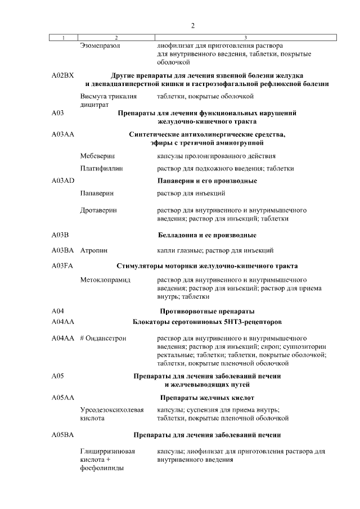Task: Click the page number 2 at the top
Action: [192, 26]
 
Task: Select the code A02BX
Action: [62, 75]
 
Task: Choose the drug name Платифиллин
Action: [101, 168]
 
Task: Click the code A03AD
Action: [62, 181]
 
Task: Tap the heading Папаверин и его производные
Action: [206, 181]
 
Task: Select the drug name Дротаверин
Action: [98, 210]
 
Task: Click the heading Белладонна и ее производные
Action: [206, 235]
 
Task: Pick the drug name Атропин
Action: [94, 250]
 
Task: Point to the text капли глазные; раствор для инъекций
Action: [215, 250]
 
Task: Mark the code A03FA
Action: [62, 265]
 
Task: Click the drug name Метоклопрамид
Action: [105, 279]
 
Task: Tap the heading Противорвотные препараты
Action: [207, 311]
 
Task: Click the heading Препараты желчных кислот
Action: [206, 397]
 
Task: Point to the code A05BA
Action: [62, 435]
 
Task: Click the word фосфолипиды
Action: [102, 468]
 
